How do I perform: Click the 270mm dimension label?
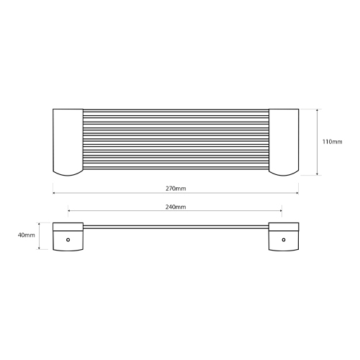176,189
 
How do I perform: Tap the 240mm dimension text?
176,207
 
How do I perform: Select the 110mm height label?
332,142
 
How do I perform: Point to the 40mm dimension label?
26,235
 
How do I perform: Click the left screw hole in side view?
68,240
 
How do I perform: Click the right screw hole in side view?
284,240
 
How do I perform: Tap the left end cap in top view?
68,142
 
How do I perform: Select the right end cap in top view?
284,142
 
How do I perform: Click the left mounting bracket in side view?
68,237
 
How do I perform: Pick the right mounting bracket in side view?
284,237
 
